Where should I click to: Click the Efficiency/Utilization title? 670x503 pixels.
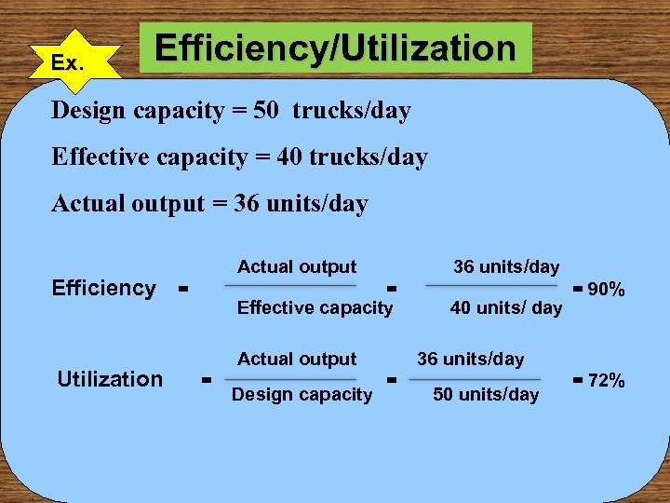click(x=335, y=48)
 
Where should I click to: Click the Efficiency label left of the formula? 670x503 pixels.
click(x=104, y=288)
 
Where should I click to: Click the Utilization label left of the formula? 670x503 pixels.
click(x=110, y=379)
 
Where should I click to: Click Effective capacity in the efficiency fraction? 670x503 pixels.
click(x=315, y=308)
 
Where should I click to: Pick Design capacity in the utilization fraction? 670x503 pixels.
click(x=301, y=395)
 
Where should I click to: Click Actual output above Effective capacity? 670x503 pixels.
click(x=297, y=267)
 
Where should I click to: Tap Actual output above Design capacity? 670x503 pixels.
click(x=297, y=359)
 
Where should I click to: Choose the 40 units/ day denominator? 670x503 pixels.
click(x=505, y=308)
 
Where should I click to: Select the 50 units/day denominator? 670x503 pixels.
click(x=486, y=395)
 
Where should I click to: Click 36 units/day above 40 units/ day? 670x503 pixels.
click(x=506, y=267)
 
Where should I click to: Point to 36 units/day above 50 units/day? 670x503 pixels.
click(x=470, y=359)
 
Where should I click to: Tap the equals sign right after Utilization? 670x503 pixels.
click(x=205, y=380)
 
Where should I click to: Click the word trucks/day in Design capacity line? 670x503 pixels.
click(x=352, y=111)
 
